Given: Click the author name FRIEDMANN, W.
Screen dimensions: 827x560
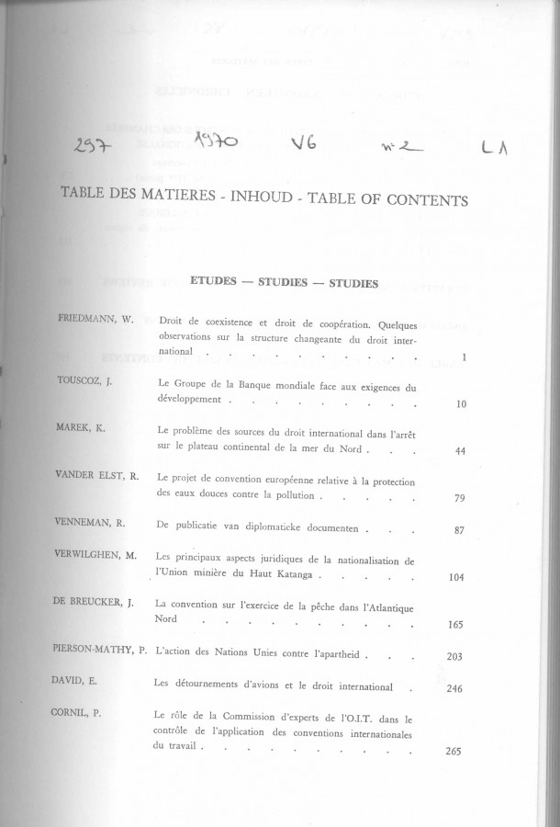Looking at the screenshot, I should coord(95,319).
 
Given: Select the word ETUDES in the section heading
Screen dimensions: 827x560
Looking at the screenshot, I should coord(212,283).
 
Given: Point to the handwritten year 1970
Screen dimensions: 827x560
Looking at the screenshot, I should coord(217,143).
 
